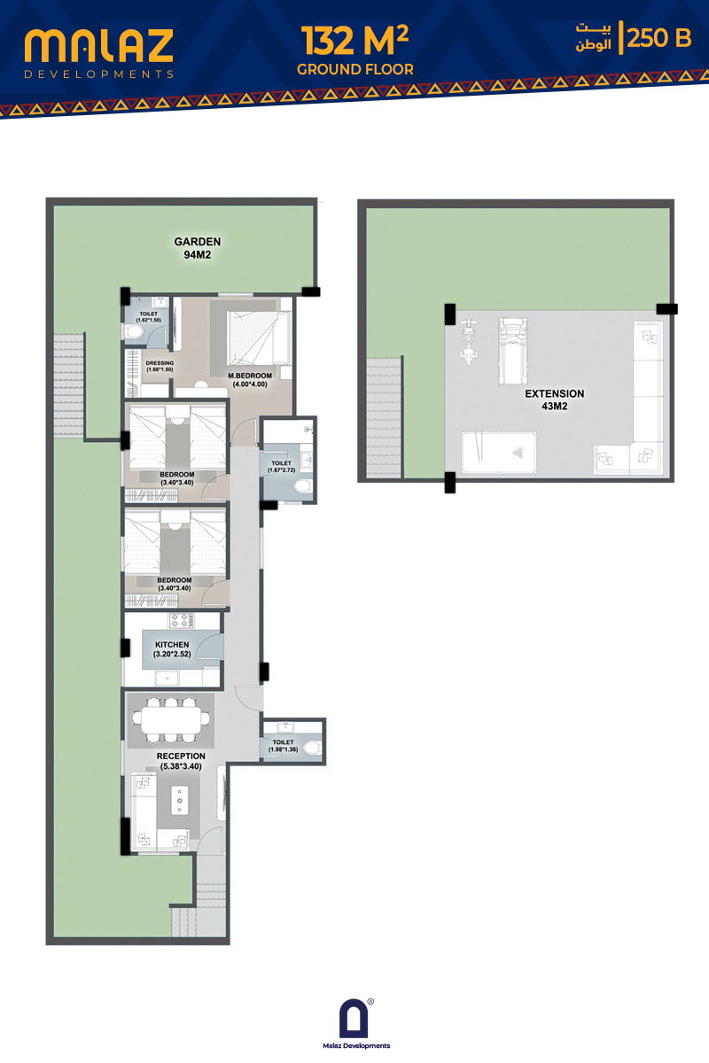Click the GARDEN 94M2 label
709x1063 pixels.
tap(198, 248)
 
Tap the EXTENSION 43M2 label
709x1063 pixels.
tap(554, 400)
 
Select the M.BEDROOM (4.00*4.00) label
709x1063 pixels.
tap(250, 380)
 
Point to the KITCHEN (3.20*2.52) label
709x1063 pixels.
tap(172, 649)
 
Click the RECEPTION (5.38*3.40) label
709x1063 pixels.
tap(181, 761)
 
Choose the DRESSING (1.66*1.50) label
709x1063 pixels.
tap(160, 366)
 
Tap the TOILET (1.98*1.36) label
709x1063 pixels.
tap(283, 746)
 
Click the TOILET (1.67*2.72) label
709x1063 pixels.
tap(281, 467)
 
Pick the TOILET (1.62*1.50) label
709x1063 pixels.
tap(149, 317)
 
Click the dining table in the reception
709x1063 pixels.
tap(171, 719)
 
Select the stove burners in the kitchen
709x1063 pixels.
tap(181, 621)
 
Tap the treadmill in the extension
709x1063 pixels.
tap(512, 351)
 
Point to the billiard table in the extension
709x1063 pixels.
tap(499, 453)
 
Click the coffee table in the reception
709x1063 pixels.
tap(180, 801)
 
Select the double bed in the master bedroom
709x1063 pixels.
tap(258, 338)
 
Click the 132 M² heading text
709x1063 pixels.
tap(354, 41)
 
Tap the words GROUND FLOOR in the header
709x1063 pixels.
tap(355, 69)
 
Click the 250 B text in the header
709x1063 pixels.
tap(659, 38)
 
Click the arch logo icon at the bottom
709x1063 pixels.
tap(354, 1019)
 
